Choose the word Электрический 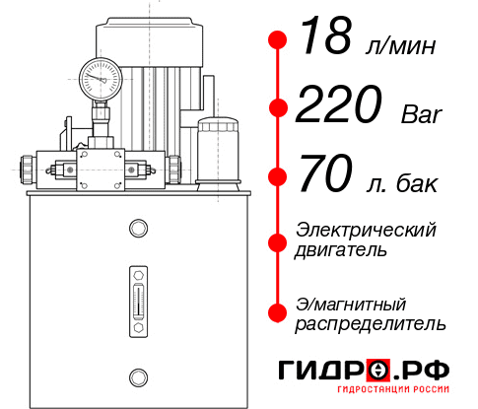click(366, 229)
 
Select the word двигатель click(341, 249)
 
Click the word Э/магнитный click(351, 303)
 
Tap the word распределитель click(371, 323)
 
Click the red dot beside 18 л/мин click(278, 39)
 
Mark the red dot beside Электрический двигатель click(278, 239)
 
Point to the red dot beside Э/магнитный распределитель click(278, 312)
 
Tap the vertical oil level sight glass click(137, 295)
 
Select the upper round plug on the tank click(137, 229)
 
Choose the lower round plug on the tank click(137, 376)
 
